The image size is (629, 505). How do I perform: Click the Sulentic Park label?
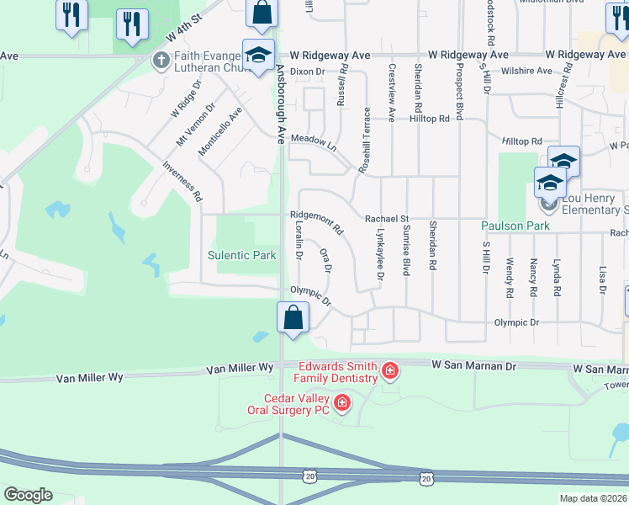tap(242, 255)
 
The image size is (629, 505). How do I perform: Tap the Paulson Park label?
tap(515, 226)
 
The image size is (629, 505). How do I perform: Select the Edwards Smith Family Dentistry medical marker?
tap(389, 370)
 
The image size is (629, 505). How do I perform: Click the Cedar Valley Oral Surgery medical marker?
tap(341, 404)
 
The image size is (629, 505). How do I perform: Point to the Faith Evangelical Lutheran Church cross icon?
tap(161, 60)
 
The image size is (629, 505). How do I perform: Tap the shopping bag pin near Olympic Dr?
tap(293, 319)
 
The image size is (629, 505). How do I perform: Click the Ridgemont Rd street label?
tap(317, 222)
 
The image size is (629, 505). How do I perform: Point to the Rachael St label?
tap(386, 219)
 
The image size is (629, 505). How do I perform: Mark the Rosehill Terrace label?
tap(365, 141)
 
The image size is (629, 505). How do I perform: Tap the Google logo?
tap(28, 495)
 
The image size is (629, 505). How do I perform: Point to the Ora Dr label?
tap(325, 260)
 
